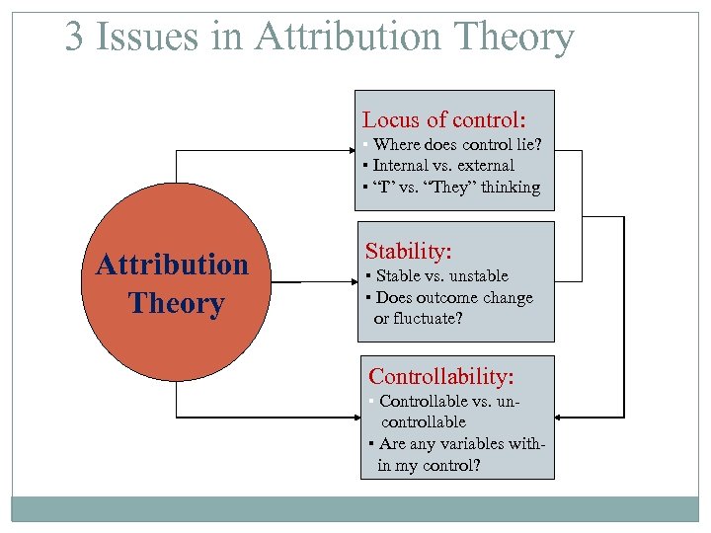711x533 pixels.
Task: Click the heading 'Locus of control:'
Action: [x=443, y=120]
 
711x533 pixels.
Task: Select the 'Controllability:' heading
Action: [x=441, y=376]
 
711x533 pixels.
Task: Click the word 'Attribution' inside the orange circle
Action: [x=172, y=265]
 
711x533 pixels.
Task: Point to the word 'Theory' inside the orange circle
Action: [x=176, y=303]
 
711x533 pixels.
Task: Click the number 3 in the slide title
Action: [x=75, y=38]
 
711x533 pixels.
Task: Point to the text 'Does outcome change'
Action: [x=452, y=297]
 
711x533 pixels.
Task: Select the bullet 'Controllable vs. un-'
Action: [x=448, y=401]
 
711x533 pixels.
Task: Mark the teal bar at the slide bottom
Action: [x=355, y=508]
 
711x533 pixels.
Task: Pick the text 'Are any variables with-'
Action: [x=460, y=444]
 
